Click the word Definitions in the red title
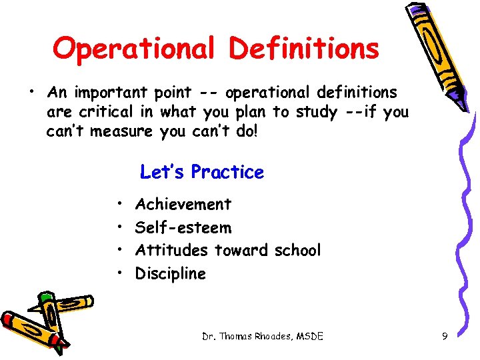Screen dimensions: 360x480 pyautogui.click(x=304, y=49)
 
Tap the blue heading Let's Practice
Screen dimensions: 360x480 pyautogui.click(x=202, y=172)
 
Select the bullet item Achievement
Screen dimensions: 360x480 pyautogui.click(x=183, y=204)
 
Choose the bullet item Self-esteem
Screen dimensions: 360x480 pyautogui.click(x=183, y=227)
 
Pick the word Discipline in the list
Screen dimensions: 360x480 pyautogui.click(x=171, y=273)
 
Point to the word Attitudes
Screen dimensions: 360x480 pyautogui.click(x=172, y=250)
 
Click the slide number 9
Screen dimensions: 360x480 pyautogui.click(x=445, y=337)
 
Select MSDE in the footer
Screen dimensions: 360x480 pyautogui.click(x=307, y=337)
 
